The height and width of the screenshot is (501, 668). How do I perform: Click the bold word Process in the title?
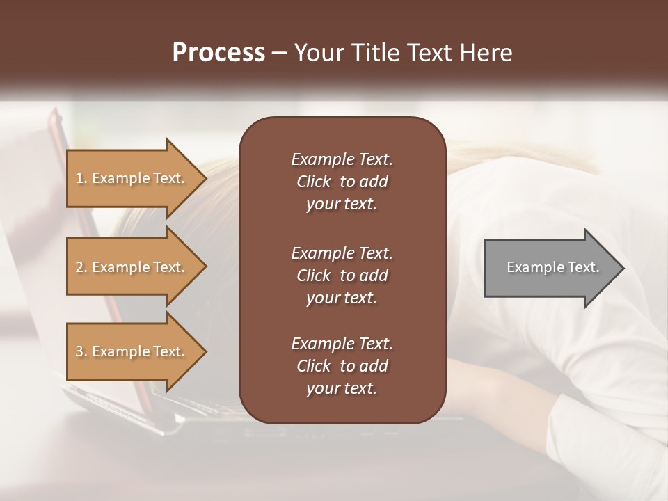pyautogui.click(x=218, y=53)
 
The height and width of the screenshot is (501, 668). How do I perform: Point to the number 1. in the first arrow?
pyautogui.click(x=81, y=178)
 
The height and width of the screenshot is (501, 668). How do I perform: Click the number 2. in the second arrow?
pyautogui.click(x=81, y=267)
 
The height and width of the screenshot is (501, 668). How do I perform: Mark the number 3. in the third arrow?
pyautogui.click(x=81, y=351)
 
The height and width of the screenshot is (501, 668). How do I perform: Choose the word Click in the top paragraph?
pyautogui.click(x=314, y=182)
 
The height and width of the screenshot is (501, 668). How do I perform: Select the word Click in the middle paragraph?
pyautogui.click(x=314, y=276)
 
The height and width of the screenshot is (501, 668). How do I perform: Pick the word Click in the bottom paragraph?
pyautogui.click(x=314, y=366)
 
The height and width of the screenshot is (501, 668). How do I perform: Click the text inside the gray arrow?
pyautogui.click(x=553, y=267)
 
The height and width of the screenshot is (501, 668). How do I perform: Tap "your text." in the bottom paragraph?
pyautogui.click(x=342, y=388)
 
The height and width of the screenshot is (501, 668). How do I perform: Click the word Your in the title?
pyautogui.click(x=317, y=53)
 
